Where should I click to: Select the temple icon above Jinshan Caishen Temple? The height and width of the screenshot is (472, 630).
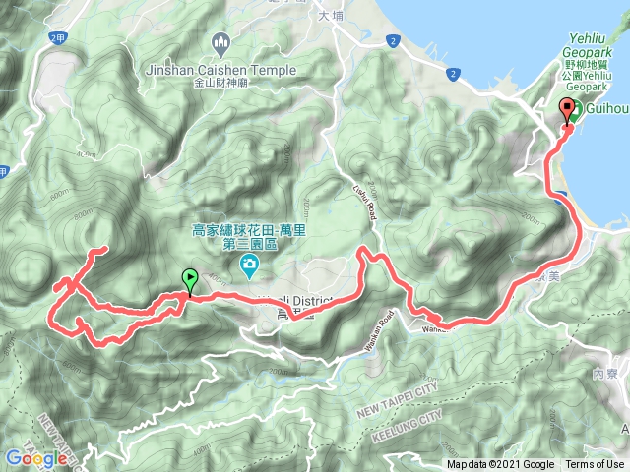click(220, 42)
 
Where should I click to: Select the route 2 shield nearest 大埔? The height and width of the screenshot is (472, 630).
click(393, 40)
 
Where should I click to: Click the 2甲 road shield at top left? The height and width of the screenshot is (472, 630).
click(55, 38)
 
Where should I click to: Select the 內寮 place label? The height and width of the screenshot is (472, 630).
click(604, 375)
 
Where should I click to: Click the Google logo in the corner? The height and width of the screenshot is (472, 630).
click(29, 457)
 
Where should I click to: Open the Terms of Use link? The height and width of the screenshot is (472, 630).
click(594, 464)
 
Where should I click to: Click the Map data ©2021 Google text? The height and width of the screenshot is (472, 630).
click(501, 464)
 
